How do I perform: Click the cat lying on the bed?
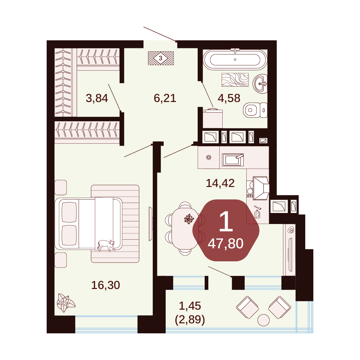click(x=106, y=245)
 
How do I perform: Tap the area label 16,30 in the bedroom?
click(x=106, y=285)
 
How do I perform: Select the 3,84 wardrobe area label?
click(x=97, y=98)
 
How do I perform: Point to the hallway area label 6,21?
click(x=165, y=98)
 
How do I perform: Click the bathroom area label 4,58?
click(x=229, y=98)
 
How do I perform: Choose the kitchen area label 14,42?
click(x=220, y=183)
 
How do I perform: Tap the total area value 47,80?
click(x=225, y=244)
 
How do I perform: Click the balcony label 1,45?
click(x=190, y=306)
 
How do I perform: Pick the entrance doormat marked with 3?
click(x=161, y=58)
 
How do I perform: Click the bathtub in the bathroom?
click(x=235, y=59)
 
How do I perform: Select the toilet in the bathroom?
click(x=255, y=110)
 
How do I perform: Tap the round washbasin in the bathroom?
click(x=260, y=84)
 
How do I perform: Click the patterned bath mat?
click(x=235, y=80)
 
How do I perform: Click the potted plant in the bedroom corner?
click(x=66, y=303)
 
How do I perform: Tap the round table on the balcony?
click(x=264, y=320)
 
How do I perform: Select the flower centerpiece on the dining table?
click(x=189, y=219)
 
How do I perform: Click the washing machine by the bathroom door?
click(x=213, y=118)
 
